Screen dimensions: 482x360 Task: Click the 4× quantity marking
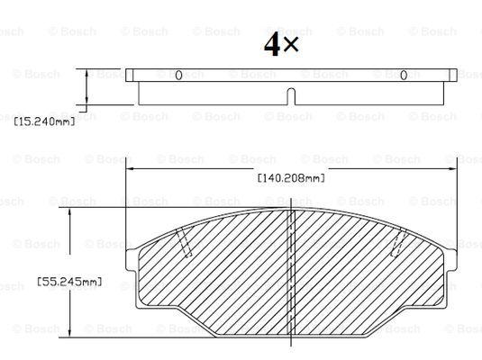click(x=281, y=44)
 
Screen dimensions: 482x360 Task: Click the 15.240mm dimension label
click(x=44, y=121)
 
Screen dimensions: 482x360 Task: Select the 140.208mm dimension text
click(x=291, y=178)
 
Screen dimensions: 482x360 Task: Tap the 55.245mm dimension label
click(x=69, y=282)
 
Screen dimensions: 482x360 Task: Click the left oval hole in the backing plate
click(x=178, y=76)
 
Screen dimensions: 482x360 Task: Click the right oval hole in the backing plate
click(x=404, y=76)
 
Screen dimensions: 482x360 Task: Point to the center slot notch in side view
click(x=291, y=96)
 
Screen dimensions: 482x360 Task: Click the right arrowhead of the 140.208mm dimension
click(x=452, y=168)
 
